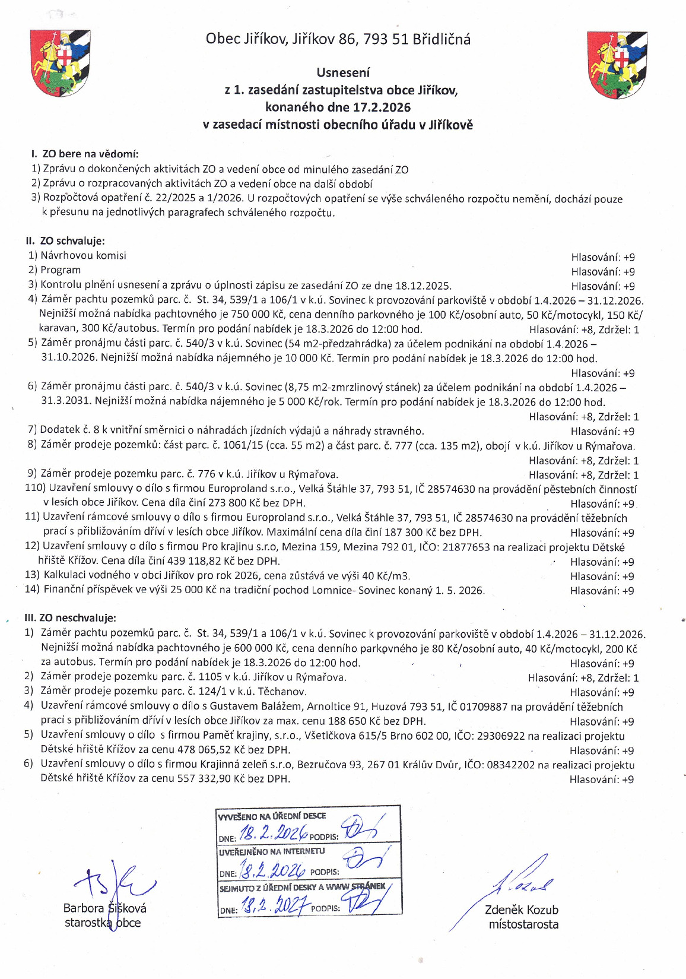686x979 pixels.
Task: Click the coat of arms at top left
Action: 60,64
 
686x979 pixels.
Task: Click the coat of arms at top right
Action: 617,65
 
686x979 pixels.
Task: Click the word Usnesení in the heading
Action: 343,72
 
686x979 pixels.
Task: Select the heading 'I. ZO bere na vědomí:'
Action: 84,154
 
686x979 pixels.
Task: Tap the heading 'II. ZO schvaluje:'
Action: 65,241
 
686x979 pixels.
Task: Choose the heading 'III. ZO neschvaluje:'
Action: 70,618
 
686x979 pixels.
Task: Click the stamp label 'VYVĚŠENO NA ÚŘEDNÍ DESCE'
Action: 272,816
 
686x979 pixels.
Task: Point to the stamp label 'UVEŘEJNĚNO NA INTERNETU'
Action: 272,851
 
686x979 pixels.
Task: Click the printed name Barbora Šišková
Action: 104,908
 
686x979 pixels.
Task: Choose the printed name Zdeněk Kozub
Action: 522,910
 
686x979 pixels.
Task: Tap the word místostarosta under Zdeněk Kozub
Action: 523,924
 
